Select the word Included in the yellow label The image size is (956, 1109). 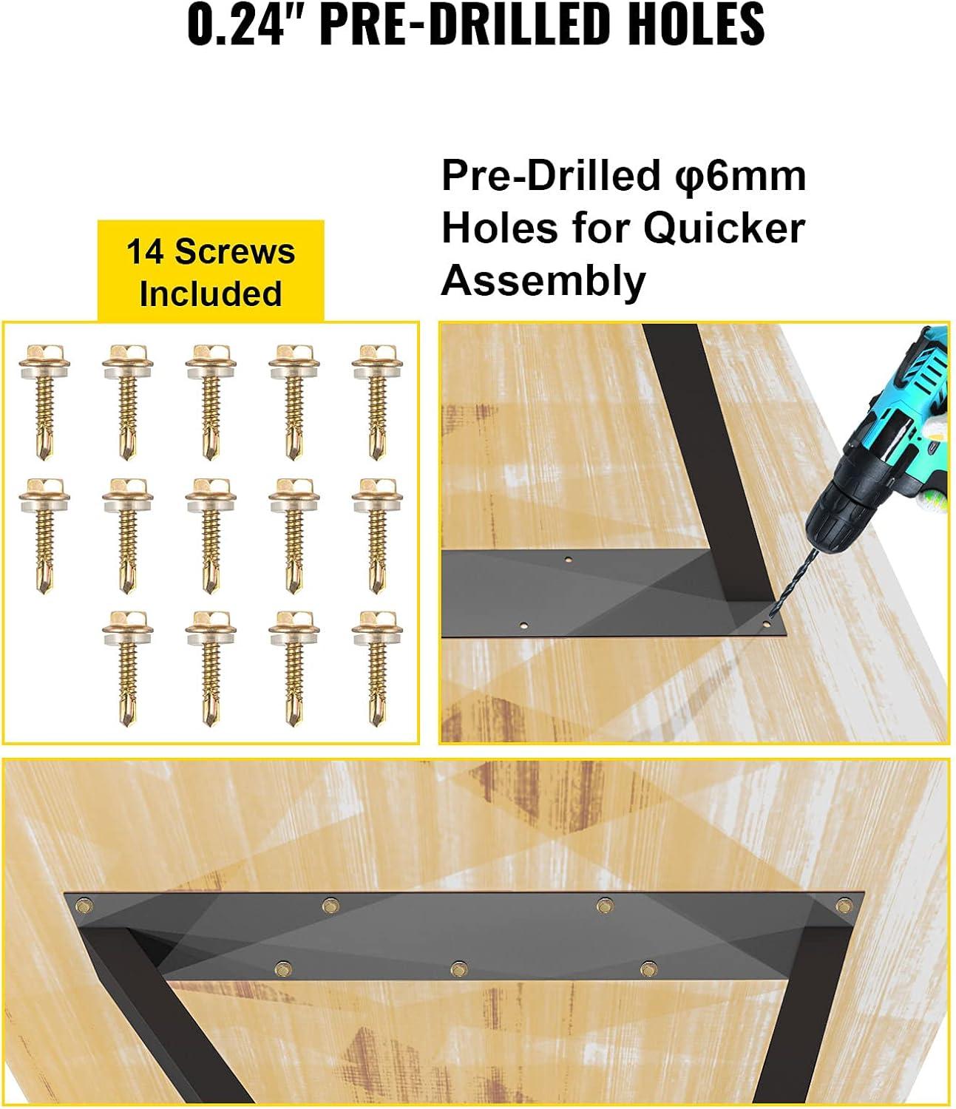point(211,294)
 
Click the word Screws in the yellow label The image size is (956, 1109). point(235,251)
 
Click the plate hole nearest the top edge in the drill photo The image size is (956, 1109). point(569,560)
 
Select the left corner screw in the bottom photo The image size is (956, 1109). point(83,906)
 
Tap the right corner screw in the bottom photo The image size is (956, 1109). point(844,905)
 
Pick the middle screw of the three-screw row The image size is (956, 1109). point(458,969)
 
